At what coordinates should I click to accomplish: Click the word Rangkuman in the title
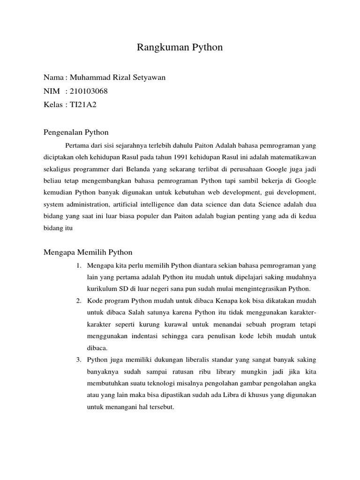pos(157,47)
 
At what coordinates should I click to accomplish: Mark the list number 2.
pos(78,300)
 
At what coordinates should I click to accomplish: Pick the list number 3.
pos(78,360)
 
